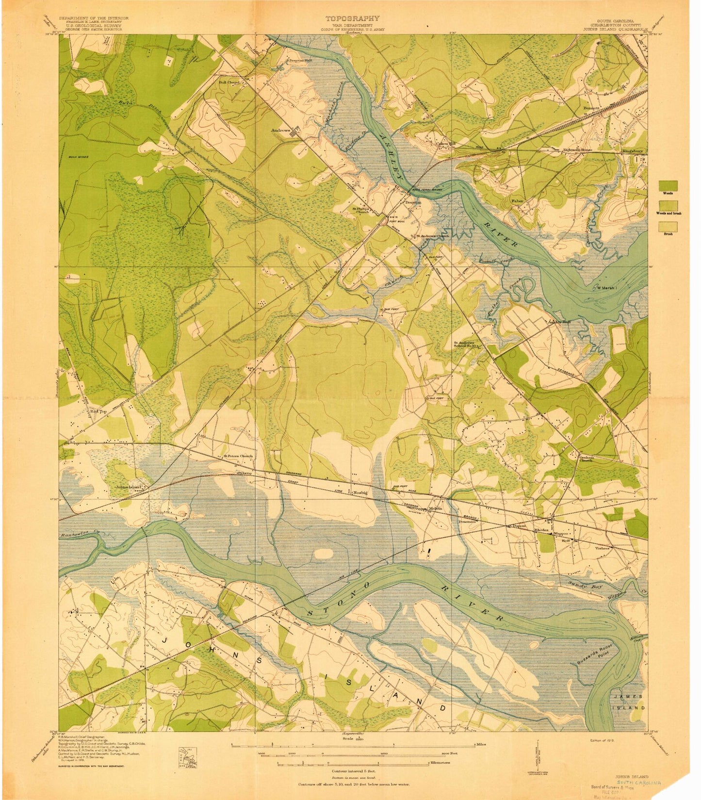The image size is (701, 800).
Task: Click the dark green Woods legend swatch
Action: (x=668, y=186)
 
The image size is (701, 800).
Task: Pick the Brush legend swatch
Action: (x=668, y=227)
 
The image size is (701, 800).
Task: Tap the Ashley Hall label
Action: (x=559, y=322)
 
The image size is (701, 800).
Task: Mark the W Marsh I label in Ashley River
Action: (x=608, y=288)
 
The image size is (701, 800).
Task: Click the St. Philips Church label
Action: (x=360, y=211)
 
